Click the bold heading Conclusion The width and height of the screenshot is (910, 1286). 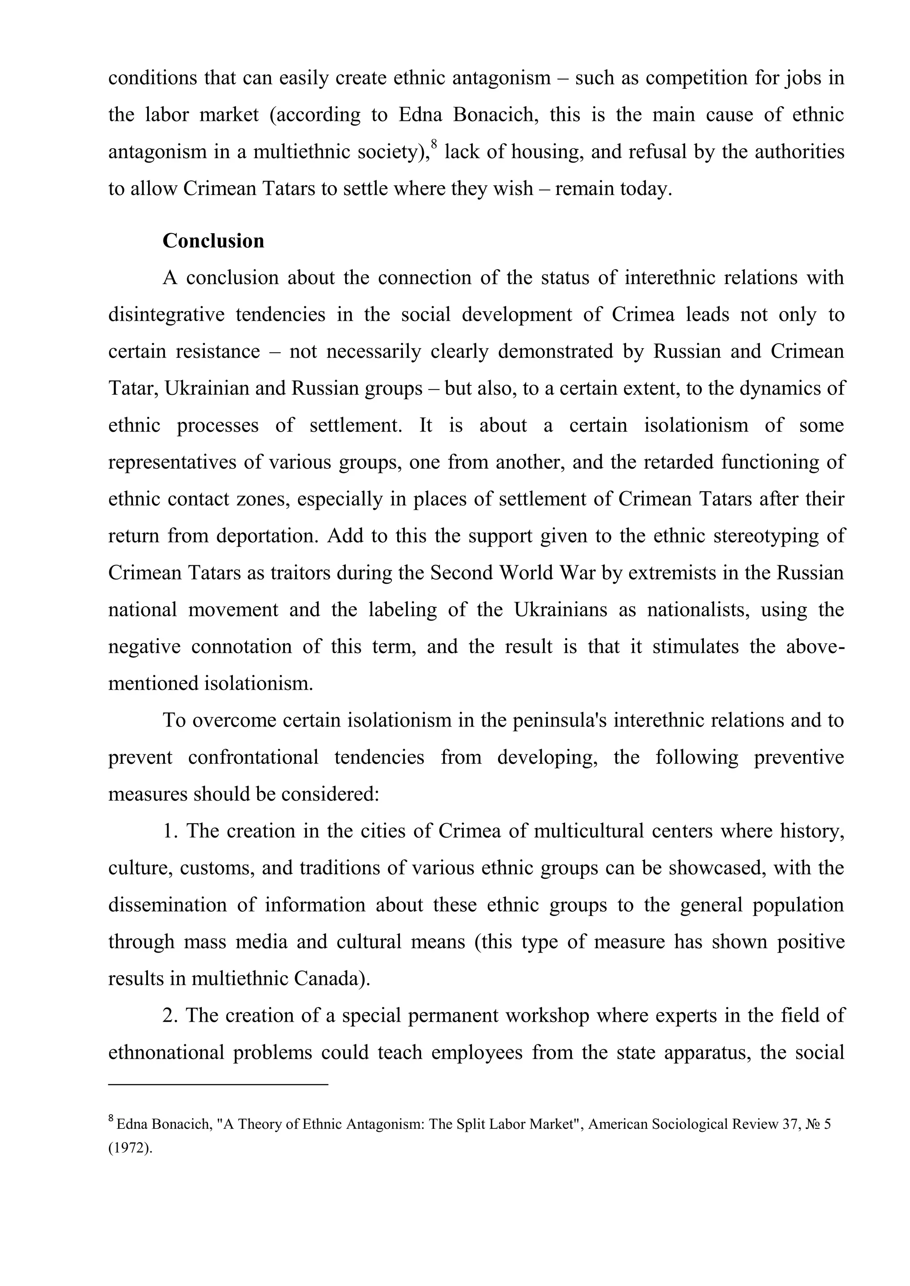tap(213, 241)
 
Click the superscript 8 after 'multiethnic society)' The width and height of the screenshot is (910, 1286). tap(434, 146)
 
